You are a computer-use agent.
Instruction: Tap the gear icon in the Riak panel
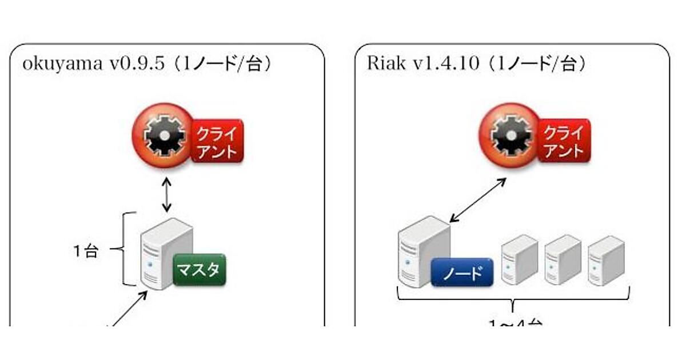point(505,135)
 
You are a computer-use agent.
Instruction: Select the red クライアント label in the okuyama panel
point(217,141)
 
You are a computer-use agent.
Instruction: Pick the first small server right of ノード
point(520,259)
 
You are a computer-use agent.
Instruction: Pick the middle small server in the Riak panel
point(563,259)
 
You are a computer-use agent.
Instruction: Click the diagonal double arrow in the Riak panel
point(477,199)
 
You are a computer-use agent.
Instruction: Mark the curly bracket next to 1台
point(127,249)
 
